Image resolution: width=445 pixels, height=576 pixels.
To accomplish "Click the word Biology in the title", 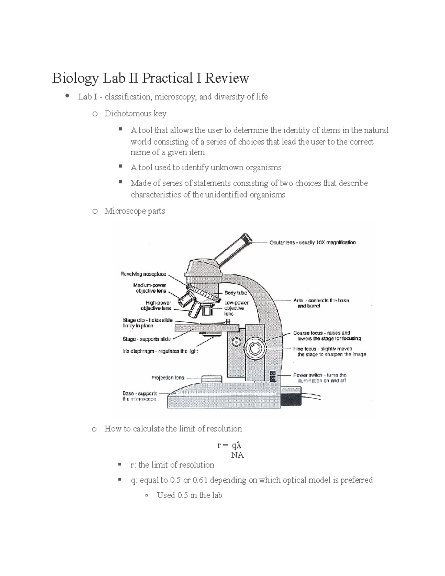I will point(75,79).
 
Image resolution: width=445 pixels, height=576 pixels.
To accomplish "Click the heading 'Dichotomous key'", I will point(135,113).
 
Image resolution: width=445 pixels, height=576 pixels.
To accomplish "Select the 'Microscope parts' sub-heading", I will point(135,211).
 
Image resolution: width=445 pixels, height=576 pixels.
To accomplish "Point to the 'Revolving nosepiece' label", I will point(143,274).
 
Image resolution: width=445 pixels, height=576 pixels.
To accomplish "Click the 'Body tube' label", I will point(235,293).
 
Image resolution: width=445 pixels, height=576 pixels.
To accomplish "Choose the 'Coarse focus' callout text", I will point(308,333).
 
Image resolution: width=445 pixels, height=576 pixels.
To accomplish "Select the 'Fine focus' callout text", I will point(305,349).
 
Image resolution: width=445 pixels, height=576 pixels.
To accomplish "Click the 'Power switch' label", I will point(307,375).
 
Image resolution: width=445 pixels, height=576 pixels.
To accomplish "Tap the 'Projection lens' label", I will point(168,378).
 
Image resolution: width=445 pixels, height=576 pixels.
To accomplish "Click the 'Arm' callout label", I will point(298,300).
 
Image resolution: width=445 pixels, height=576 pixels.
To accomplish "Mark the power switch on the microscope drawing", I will point(273,376).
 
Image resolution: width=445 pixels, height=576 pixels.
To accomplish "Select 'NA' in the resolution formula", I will point(237,455).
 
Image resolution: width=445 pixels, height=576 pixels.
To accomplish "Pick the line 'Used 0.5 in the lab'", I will point(189,496).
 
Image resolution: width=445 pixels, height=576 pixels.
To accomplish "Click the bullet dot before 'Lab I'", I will point(67,96).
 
